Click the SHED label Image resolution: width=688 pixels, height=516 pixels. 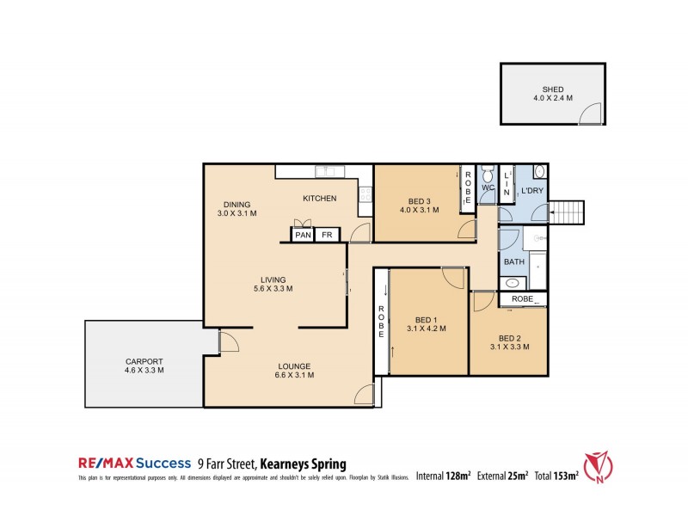[552, 89]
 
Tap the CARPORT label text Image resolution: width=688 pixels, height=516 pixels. [144, 361]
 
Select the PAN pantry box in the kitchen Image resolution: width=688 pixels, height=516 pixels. [303, 235]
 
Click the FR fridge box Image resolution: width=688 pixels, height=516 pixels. [326, 235]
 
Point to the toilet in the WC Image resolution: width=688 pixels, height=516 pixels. [486, 172]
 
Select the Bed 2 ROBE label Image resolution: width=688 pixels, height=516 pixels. [522, 298]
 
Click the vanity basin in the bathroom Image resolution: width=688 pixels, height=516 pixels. [513, 282]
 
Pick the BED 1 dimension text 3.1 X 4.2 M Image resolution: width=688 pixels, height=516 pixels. [425, 328]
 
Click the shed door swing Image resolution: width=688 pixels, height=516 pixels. [590, 114]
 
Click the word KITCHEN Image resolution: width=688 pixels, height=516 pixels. [319, 199]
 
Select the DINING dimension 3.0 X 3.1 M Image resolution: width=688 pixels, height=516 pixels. [237, 213]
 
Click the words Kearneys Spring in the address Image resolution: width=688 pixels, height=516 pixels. [297, 464]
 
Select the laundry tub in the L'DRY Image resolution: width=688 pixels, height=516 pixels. [539, 170]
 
